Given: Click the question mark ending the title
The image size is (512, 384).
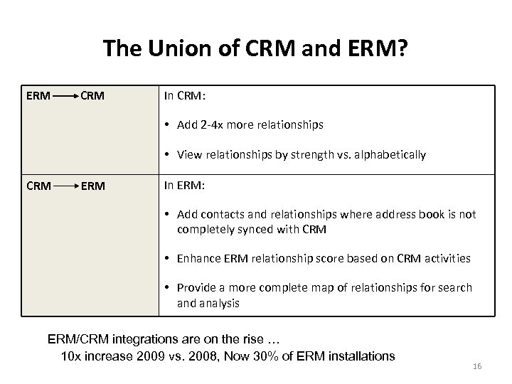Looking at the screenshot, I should coord(402,48).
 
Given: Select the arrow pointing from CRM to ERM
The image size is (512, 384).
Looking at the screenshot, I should coord(67,186).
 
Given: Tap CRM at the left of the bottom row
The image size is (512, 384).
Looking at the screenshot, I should coord(38,186).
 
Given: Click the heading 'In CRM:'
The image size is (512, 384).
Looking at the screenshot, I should coord(184,95).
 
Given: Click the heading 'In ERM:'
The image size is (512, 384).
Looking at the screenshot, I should coord(184,186).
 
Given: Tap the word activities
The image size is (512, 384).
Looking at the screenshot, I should coord(446,258).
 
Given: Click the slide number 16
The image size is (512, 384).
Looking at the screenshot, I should coord(477,366).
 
